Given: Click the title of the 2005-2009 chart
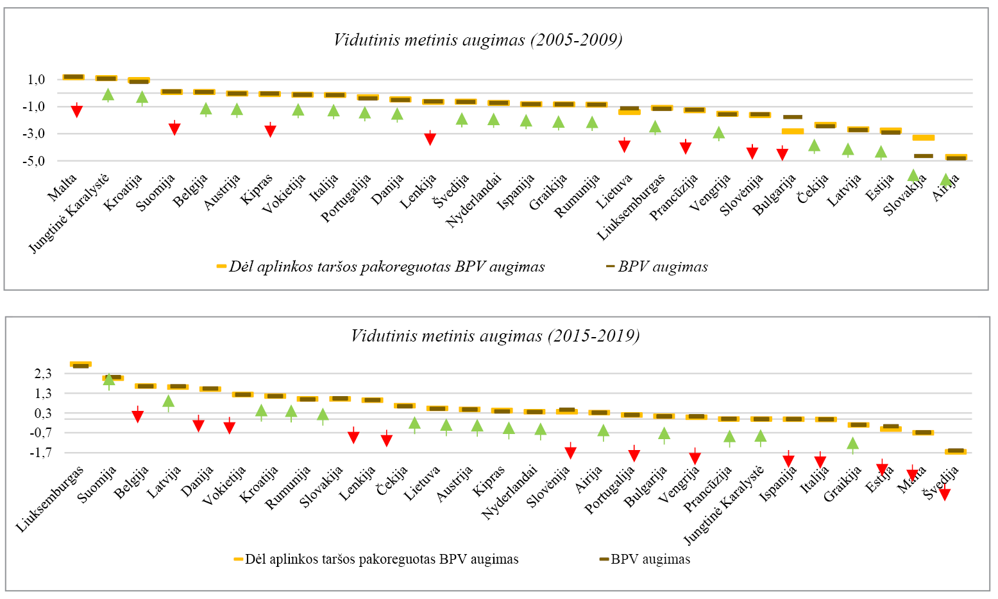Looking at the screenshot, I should pyautogui.click(x=478, y=40).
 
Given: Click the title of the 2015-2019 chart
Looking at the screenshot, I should pyautogui.click(x=495, y=336).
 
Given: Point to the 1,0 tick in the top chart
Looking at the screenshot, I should pyautogui.click(x=36, y=80).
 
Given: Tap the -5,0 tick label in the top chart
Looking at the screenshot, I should pyautogui.click(x=34, y=161).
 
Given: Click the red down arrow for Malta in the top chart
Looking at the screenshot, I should pyautogui.click(x=77, y=110).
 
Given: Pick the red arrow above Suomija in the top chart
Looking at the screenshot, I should pyautogui.click(x=174, y=128).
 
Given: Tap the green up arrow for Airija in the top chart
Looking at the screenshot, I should pyautogui.click(x=945, y=180).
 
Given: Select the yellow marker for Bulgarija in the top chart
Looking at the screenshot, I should pyautogui.click(x=793, y=131).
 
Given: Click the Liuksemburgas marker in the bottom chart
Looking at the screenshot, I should pyautogui.click(x=80, y=364).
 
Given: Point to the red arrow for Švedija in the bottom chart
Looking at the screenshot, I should pyautogui.click(x=944, y=494).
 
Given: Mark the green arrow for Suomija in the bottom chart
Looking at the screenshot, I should pyautogui.click(x=109, y=380).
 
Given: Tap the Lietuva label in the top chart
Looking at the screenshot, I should pyautogui.click(x=614, y=191).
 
